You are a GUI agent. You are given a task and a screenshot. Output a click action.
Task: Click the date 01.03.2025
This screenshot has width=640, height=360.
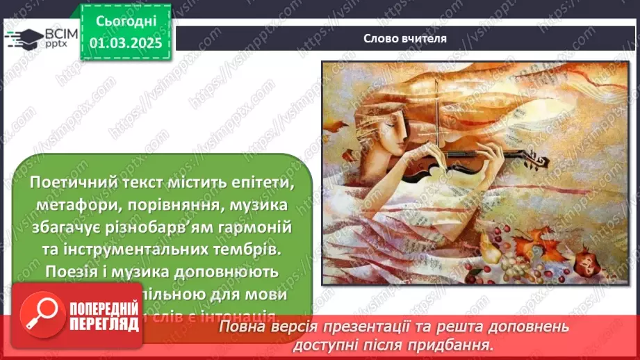coord(126,42)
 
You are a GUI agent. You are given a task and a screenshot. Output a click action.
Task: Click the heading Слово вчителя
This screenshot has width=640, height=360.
coord(405,38)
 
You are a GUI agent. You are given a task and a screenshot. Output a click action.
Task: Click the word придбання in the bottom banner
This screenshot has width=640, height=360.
coord(461,344)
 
